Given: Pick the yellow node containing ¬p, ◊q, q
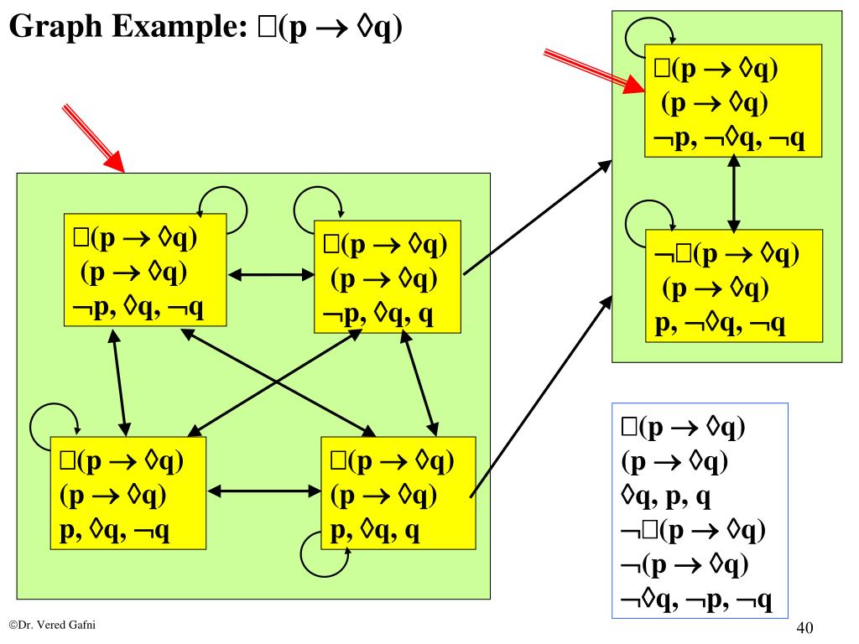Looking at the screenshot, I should click(388, 277).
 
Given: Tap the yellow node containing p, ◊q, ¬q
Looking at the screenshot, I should click(128, 492).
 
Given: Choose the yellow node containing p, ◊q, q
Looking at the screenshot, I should click(398, 492).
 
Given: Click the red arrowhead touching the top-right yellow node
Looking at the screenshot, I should click(633, 84).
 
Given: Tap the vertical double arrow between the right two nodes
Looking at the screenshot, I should click(735, 194).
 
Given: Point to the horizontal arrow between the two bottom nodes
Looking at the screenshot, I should click(263, 492).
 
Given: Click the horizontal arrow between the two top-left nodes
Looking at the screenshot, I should click(269, 273).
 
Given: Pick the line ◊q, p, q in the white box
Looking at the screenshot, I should click(666, 498).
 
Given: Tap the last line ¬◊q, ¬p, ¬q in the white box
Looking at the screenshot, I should click(696, 600).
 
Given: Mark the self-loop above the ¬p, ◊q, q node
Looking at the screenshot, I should click(318, 201).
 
